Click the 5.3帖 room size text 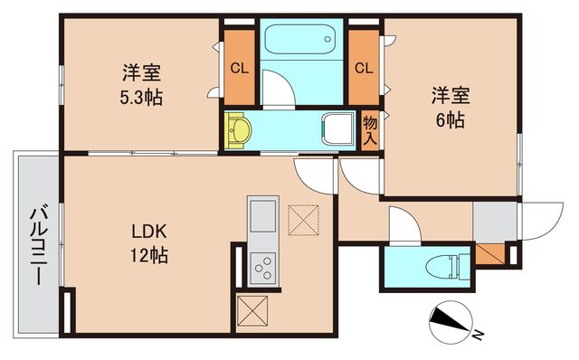[143, 98]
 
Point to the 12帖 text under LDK [148, 254]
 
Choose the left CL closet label [239, 67]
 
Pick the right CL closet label [364, 67]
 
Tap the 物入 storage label [370, 130]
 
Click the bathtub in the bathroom [299, 41]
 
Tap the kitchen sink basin [263, 218]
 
